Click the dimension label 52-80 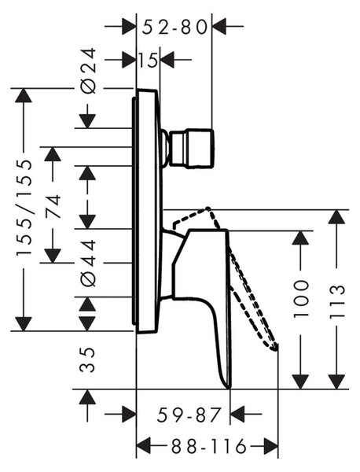[174, 28]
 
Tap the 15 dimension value [148, 60]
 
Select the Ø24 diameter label [89, 71]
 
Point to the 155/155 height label [24, 208]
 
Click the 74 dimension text [53, 208]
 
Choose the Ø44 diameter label [89, 263]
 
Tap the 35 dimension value [87, 360]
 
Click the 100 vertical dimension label [301, 299]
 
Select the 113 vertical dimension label [336, 301]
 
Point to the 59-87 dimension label [189, 415]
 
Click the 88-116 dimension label [209, 446]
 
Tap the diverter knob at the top [192, 148]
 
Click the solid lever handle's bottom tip [230, 387]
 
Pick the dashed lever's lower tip [275, 349]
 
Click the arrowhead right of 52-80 [219, 27]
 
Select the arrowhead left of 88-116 [144, 446]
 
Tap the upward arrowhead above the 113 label [336, 216]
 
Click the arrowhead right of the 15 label [167, 60]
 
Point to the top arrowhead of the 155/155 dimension [24, 96]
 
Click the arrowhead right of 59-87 [237, 415]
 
